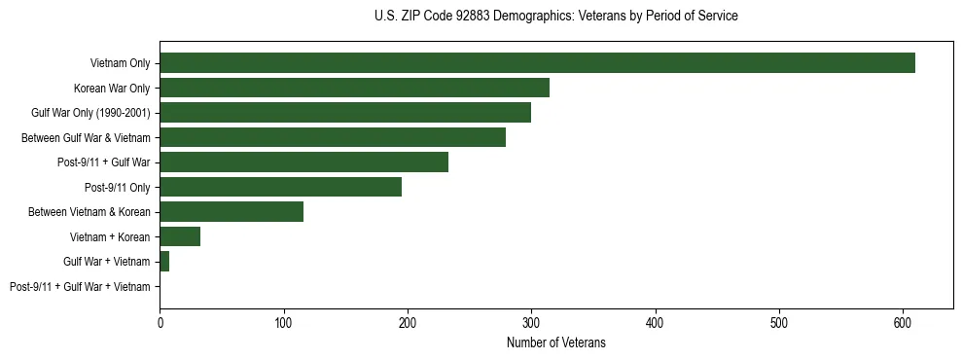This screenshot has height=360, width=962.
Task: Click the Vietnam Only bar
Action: (x=537, y=63)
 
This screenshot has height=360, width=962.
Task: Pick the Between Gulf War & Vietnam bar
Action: (x=333, y=137)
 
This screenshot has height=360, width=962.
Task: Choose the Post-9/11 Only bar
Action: (x=280, y=187)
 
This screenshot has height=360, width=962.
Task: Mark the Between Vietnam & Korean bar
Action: (x=232, y=212)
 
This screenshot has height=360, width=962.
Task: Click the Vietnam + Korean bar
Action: (x=180, y=236)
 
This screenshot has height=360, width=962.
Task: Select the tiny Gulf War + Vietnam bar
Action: (x=164, y=262)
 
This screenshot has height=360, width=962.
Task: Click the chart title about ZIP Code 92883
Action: (x=555, y=17)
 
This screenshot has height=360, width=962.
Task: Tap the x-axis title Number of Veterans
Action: (x=555, y=342)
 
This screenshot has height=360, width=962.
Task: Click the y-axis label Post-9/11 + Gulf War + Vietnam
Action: (x=80, y=287)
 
